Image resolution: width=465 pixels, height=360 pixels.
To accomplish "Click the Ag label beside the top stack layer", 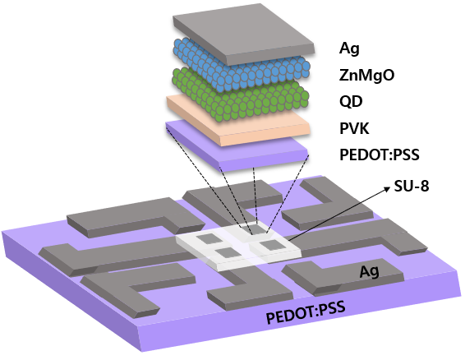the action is (349, 48).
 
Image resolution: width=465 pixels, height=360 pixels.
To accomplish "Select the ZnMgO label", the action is (366, 75).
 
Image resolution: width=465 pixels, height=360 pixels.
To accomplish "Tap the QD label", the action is (351, 101).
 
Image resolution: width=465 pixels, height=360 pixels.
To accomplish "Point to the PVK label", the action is (354, 128).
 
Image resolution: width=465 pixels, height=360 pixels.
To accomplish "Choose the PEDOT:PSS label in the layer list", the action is (380, 155).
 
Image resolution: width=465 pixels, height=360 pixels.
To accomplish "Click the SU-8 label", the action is (412, 187).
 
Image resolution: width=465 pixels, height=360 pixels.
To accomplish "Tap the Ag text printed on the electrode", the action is (369, 271).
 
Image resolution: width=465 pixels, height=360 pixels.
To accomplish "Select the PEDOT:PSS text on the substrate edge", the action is (306, 313).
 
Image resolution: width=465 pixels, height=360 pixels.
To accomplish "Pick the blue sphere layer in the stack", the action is (242, 66).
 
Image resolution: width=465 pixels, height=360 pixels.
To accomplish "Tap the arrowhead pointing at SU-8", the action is (387, 188).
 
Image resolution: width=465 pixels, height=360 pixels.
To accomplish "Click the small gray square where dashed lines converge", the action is (256, 228).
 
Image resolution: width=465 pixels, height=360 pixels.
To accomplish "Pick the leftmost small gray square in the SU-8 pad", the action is (209, 238).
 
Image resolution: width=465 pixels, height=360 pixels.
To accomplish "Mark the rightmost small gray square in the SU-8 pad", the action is (271, 245).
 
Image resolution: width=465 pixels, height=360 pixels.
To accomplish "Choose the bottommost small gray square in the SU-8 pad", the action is (227, 252).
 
